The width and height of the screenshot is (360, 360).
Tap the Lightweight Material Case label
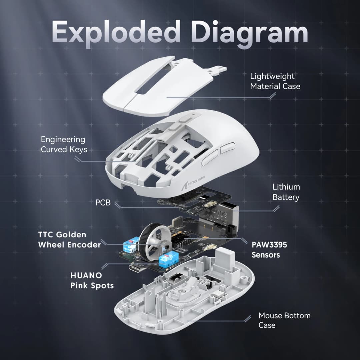[275, 81]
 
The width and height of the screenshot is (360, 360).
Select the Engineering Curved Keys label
[64, 144]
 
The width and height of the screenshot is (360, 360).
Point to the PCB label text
[103, 202]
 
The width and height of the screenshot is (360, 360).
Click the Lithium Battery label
[286, 192]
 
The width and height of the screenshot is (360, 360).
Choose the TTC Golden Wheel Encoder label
[69, 240]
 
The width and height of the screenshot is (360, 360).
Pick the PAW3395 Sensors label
[269, 250]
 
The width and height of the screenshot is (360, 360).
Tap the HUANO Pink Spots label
[92, 281]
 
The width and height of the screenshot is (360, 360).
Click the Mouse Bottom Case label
[284, 320]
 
